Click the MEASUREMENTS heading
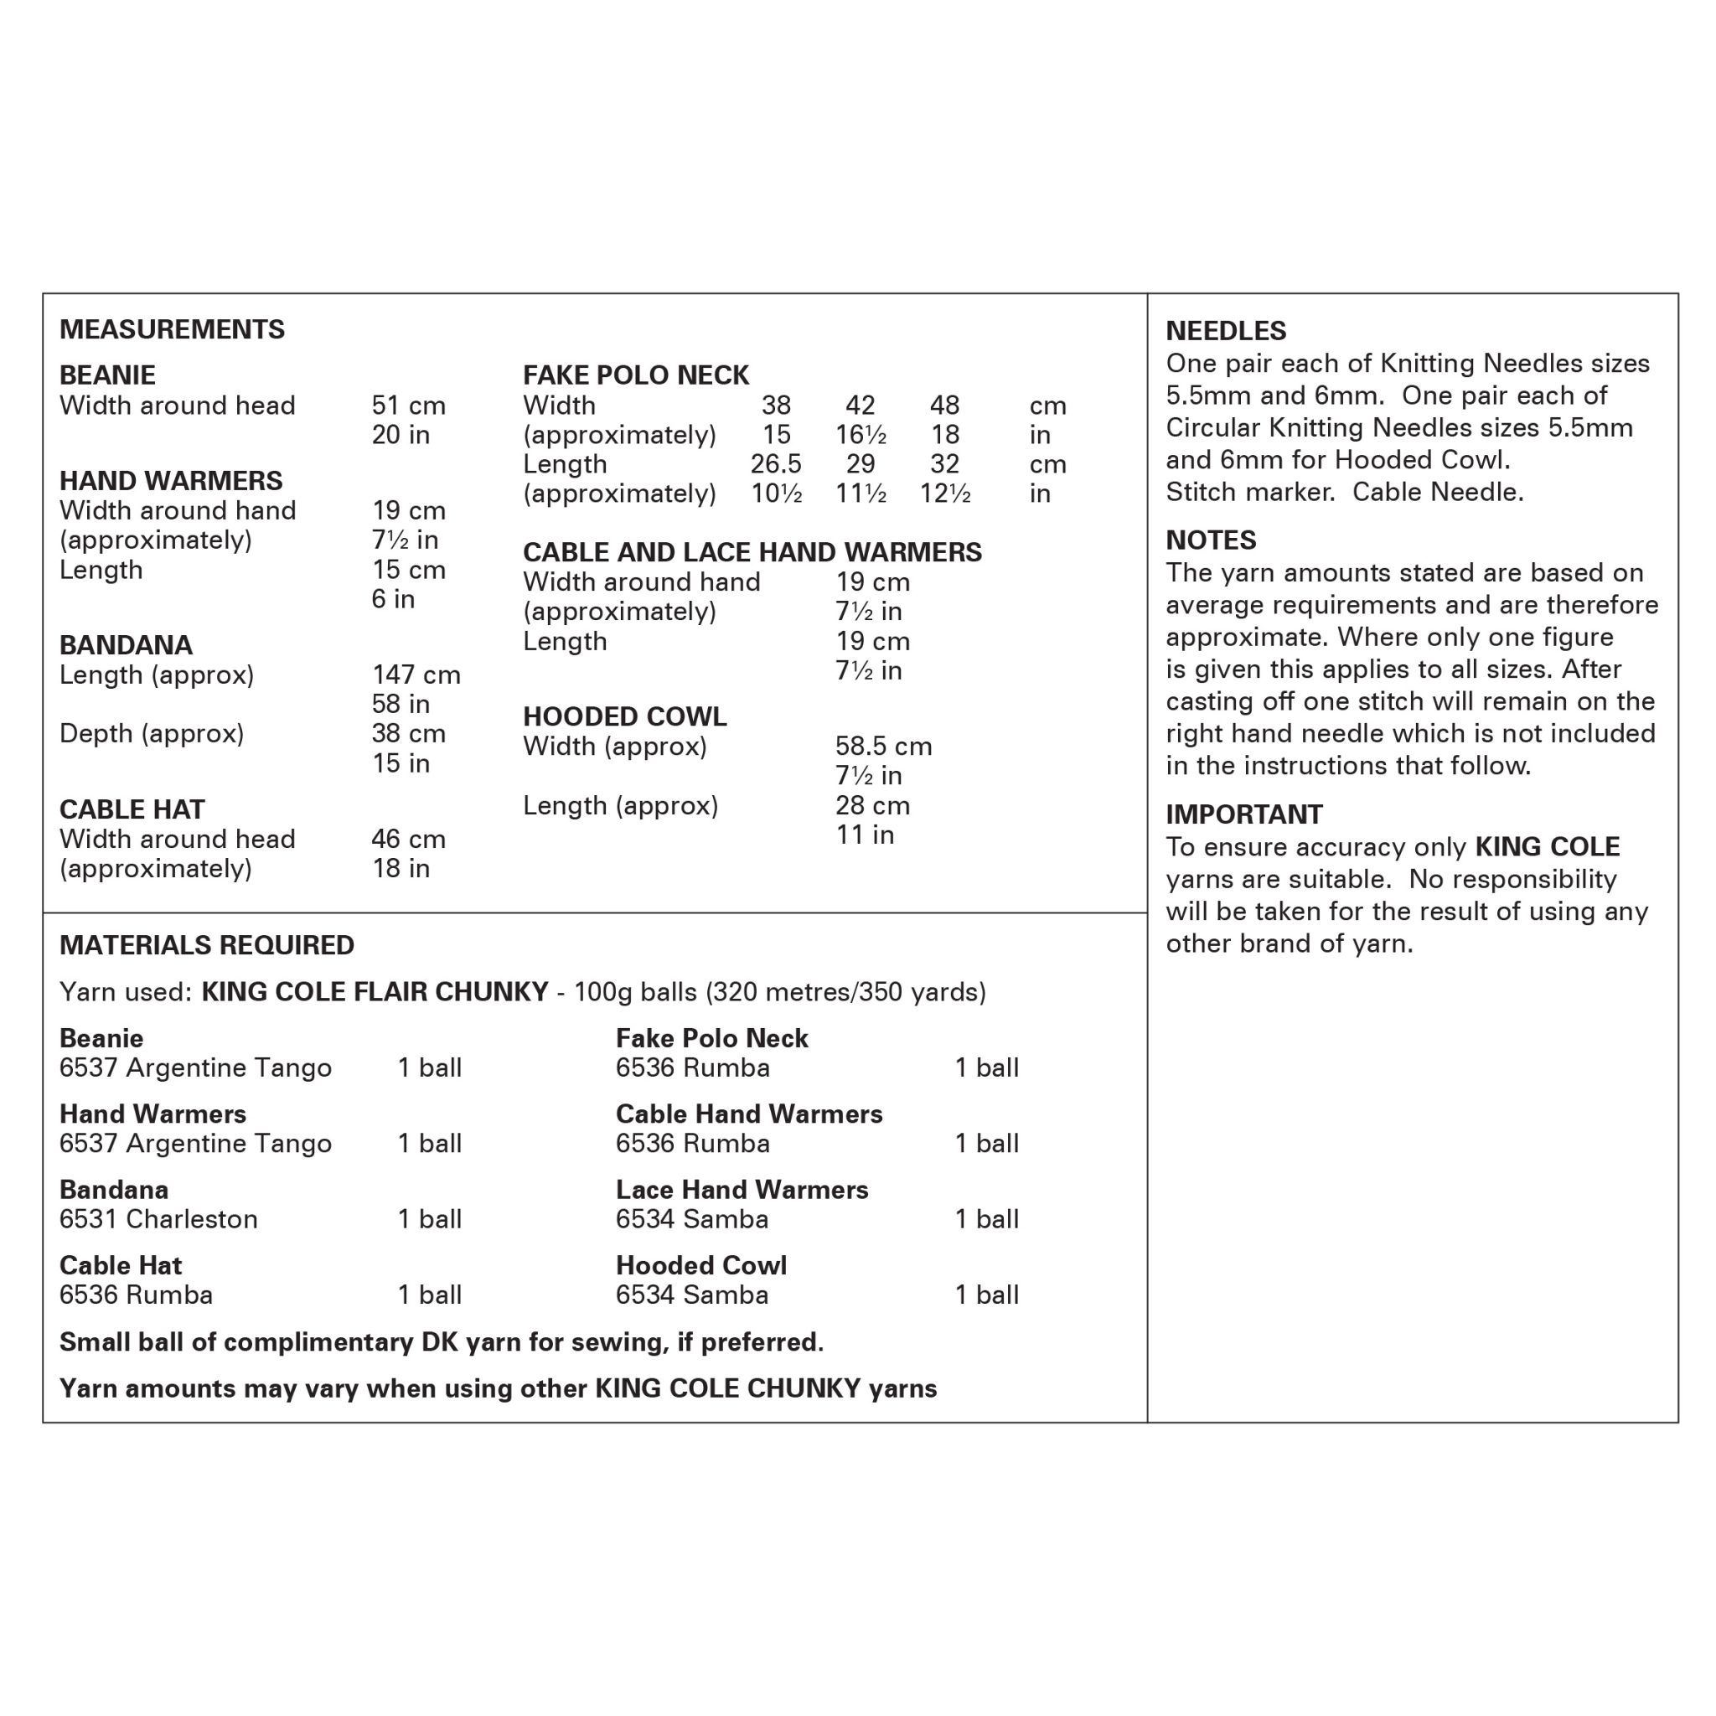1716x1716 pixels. pos(172,329)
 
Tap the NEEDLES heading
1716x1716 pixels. pos(1226,331)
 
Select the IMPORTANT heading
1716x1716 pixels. pos(1243,814)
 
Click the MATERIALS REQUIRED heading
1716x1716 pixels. pos(206,945)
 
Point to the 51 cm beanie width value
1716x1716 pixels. pos(408,406)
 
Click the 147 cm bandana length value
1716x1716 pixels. pos(416,675)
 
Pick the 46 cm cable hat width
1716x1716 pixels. pos(408,840)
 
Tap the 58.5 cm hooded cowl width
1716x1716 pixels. pos(883,746)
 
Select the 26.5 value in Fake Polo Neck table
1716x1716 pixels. pos(775,464)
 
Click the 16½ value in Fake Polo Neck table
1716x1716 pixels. pos(860,435)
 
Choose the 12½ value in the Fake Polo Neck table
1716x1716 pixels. pos(944,494)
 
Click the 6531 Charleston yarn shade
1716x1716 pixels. pos(158,1219)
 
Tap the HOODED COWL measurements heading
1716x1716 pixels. pos(624,716)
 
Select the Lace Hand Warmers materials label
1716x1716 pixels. pos(742,1190)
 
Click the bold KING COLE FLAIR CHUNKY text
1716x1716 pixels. pos(375,992)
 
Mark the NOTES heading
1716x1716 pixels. pos(1211,540)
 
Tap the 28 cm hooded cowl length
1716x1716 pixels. pos(872,805)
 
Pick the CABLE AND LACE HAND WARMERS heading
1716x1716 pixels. pos(752,552)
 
